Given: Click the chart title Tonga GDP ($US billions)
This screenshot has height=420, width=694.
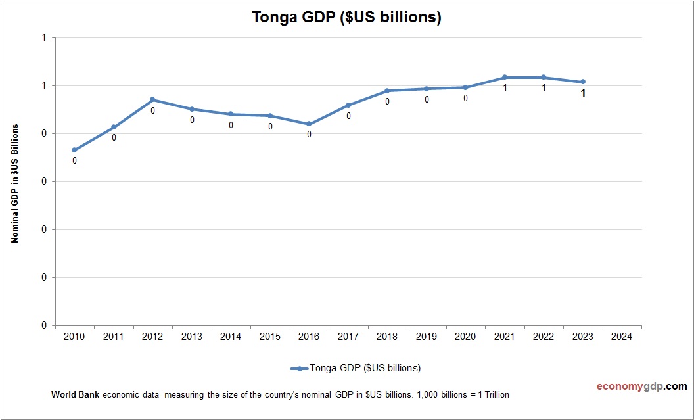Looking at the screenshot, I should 346,18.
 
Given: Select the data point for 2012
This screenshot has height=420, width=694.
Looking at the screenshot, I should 152,100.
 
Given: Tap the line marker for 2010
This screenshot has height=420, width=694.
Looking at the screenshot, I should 74,150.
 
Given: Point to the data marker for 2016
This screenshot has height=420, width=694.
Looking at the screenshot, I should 309,124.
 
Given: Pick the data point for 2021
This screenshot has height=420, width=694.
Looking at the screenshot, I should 505,78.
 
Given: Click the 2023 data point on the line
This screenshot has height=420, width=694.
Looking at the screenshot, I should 583,82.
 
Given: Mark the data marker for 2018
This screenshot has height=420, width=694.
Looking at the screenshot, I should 387,91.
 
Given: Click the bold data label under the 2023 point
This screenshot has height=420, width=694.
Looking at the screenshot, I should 583,93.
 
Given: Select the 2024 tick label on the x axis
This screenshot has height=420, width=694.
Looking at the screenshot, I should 622,337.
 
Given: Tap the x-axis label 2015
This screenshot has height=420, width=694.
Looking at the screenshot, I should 269,337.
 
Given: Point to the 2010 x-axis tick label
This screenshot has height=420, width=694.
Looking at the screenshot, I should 74,337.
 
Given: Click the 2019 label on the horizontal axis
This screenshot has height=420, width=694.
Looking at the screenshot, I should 427,337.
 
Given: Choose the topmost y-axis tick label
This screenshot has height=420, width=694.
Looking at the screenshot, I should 44,38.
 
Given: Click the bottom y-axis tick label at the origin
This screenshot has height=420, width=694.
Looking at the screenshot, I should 44,325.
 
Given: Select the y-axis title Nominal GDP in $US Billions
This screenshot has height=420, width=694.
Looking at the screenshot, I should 14,183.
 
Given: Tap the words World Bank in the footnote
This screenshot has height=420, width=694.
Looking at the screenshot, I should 75,395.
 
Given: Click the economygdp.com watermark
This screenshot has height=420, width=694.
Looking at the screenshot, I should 632,386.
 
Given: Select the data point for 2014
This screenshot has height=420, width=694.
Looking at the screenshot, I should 231,114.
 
